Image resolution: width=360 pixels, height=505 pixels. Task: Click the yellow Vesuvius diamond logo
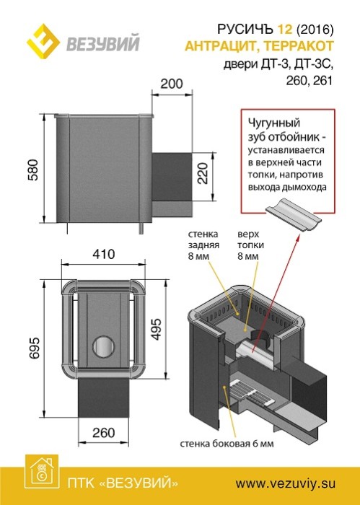43,41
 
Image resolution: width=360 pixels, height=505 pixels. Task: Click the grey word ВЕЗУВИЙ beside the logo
103,43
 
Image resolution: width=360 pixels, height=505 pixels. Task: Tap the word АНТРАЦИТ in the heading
221,46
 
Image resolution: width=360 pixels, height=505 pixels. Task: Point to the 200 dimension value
172,84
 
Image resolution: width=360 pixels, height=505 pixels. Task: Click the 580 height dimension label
33,170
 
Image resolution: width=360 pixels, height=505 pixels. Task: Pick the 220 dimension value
203,173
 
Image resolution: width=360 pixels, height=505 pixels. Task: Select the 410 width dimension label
103,254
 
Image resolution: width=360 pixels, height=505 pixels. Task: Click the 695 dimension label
34,348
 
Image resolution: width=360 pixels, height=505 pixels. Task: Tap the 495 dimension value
156,330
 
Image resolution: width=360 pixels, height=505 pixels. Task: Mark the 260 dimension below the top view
104,433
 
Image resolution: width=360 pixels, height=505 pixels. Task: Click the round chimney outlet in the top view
104,346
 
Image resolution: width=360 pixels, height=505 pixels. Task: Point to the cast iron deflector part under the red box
294,216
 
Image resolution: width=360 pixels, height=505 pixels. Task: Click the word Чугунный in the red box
273,123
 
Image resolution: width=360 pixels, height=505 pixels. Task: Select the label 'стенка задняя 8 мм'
203,245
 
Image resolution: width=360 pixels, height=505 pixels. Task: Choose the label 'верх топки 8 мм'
251,245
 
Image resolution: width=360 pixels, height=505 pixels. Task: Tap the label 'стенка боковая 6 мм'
227,444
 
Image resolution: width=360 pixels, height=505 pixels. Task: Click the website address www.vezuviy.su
285,483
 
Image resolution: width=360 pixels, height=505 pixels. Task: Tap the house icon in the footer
42,472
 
